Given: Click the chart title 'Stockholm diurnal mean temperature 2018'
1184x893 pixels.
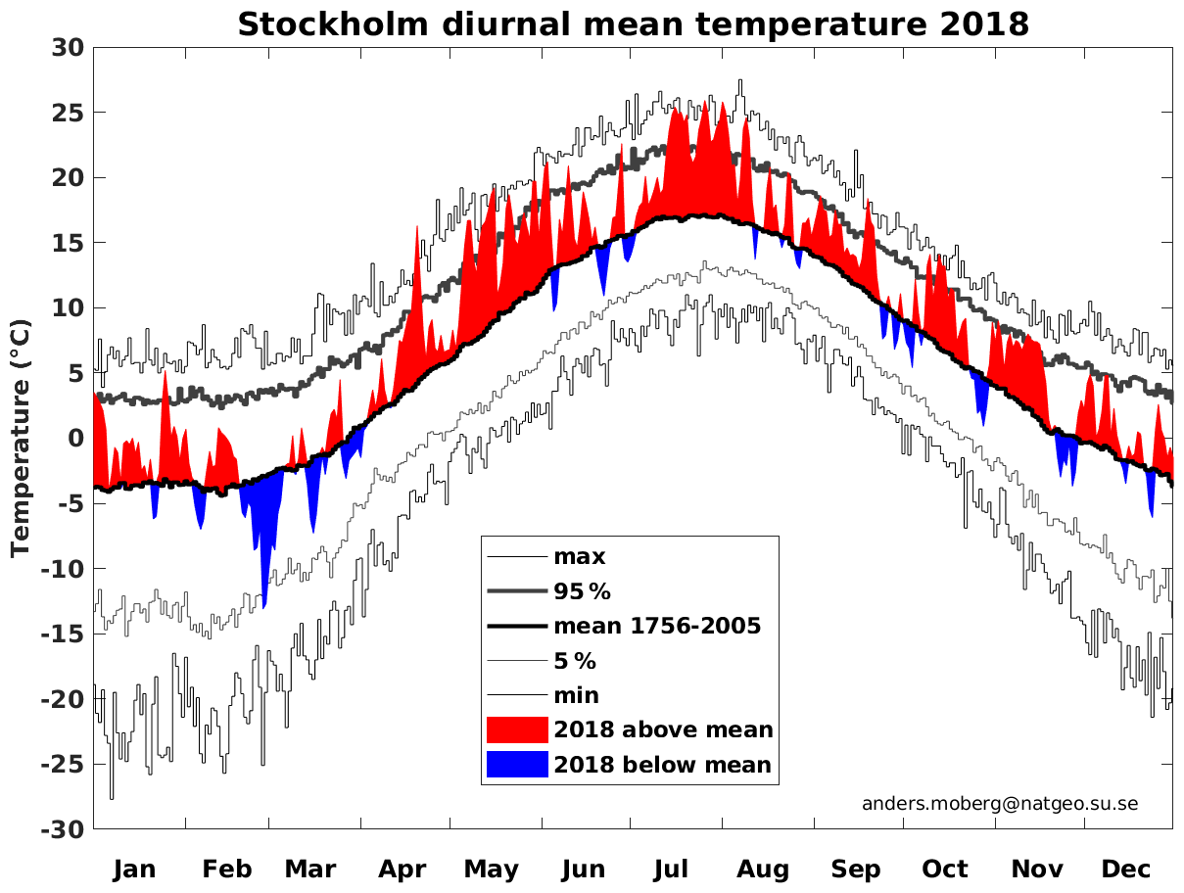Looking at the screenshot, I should [x=633, y=23].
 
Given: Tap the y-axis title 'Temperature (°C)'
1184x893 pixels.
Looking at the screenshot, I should [x=21, y=438].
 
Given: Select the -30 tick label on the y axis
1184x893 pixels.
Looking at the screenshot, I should [x=63, y=829].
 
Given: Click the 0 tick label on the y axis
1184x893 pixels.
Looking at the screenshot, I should [x=75, y=438].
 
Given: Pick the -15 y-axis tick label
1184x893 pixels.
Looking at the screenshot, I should [x=63, y=634].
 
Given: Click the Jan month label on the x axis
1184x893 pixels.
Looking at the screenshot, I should [x=134, y=869].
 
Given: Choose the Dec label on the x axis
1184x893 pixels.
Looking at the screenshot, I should [x=1126, y=869].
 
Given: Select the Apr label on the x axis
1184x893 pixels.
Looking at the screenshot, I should [x=403, y=869].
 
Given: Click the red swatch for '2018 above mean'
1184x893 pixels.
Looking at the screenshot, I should [x=516, y=729].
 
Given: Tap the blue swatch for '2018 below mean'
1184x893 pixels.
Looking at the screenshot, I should [x=516, y=765].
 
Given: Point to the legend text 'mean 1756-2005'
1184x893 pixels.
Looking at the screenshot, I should [x=657, y=627].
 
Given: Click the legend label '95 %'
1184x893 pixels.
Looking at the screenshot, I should [x=582, y=592].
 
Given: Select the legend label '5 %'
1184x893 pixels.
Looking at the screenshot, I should [x=575, y=661].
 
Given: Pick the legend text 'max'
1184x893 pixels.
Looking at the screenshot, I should [x=580, y=558].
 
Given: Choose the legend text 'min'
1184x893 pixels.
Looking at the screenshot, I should [x=577, y=696].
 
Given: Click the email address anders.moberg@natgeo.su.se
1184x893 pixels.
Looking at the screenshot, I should [x=1000, y=804].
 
